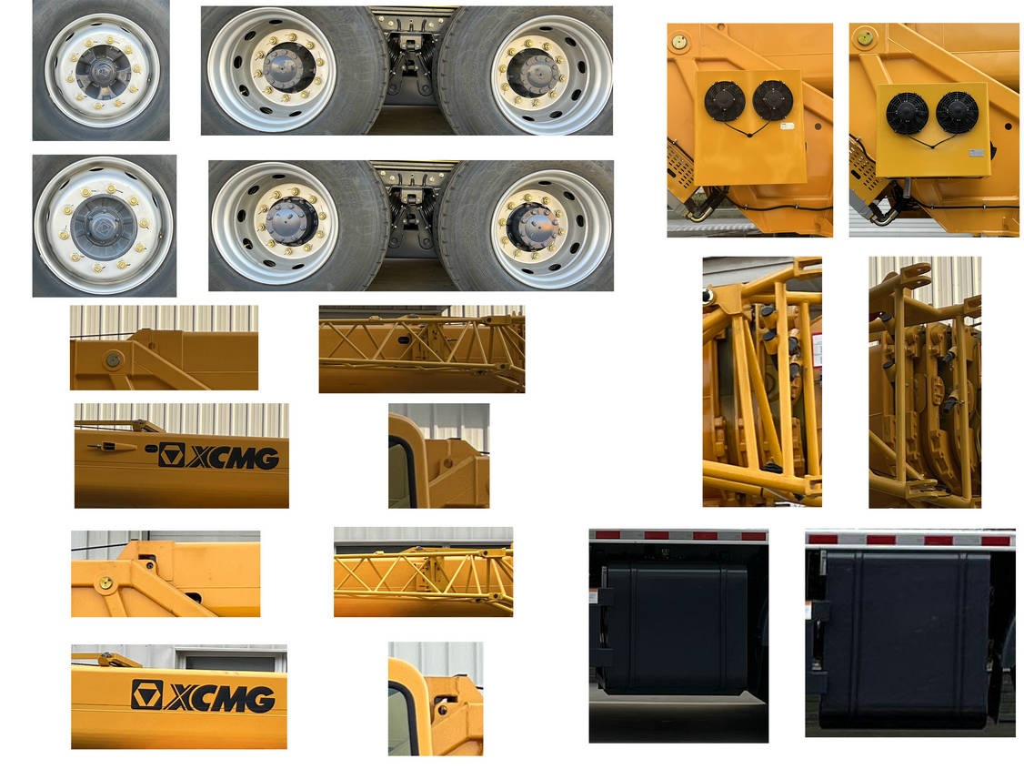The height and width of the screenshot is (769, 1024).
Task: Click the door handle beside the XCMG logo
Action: [112, 447]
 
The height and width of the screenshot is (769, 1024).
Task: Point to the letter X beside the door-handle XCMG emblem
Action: [199, 458]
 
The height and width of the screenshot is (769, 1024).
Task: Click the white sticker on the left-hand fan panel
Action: [787, 126]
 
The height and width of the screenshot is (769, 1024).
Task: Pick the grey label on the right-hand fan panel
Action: [977, 153]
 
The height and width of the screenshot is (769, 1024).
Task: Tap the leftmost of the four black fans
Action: [724, 101]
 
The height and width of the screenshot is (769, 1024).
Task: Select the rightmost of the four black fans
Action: [957, 112]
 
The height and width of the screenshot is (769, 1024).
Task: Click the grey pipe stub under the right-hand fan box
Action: [907, 187]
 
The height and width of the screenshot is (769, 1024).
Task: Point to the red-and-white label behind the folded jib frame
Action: [817, 350]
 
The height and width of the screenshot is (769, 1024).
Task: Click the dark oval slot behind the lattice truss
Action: [403, 339]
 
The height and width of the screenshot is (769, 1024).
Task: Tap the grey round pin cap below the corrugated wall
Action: [113, 359]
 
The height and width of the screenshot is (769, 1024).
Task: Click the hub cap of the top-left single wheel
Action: [102, 71]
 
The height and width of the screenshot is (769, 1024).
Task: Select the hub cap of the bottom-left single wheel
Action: [103, 226]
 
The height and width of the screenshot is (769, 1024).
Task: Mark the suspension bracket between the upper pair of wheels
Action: [409, 59]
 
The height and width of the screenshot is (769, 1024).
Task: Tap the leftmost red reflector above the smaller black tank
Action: [607, 535]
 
